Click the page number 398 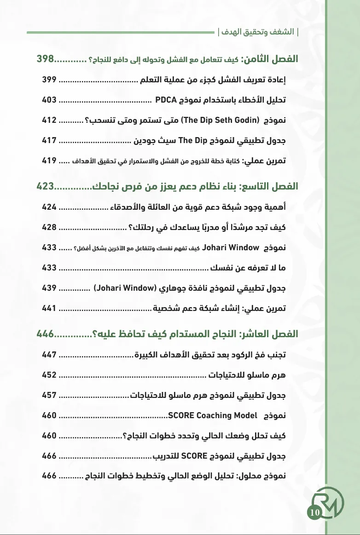coord(45,59)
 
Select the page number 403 coord(49,99)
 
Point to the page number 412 coord(49,121)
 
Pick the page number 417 coord(49,141)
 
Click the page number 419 coord(49,161)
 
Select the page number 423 coord(45,186)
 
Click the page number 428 coord(49,227)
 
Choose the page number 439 coord(49,288)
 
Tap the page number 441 coord(49,309)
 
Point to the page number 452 coord(49,375)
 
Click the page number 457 coord(49,395)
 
